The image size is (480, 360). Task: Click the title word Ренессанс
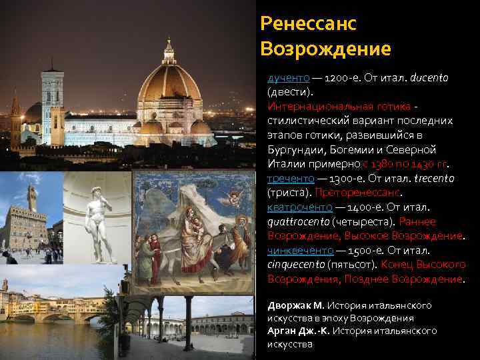pos(309,24)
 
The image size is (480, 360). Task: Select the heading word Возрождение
pos(326,49)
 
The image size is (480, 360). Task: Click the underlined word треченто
pos(287,179)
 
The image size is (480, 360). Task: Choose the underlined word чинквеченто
pos(300,251)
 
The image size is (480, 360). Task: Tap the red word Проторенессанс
pos(357,193)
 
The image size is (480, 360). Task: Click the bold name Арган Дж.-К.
pos(298,331)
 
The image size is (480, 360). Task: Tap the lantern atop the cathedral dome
pos(169,51)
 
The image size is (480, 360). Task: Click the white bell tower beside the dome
pos(52,100)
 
